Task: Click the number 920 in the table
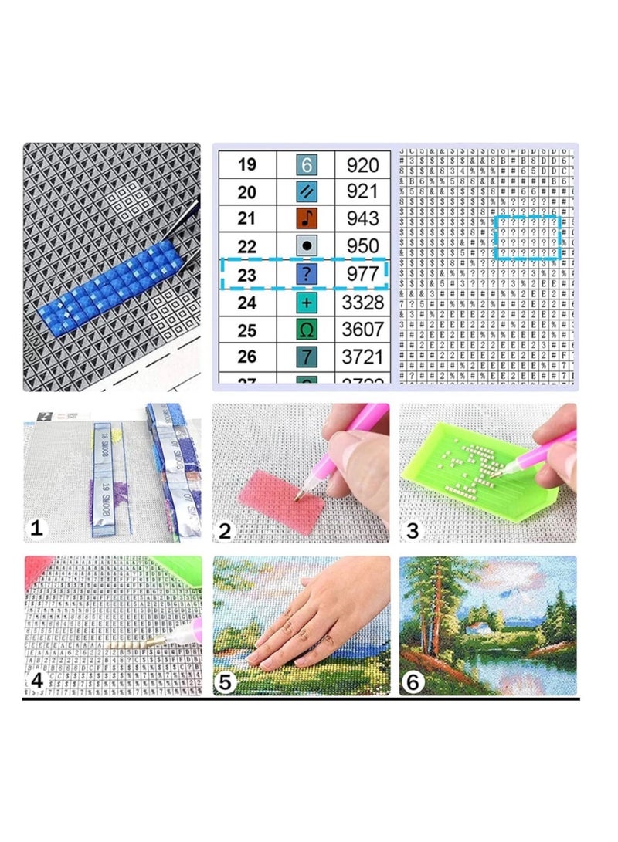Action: pyautogui.click(x=362, y=164)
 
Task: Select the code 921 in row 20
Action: pyautogui.click(x=362, y=191)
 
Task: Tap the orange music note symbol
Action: pyautogui.click(x=307, y=218)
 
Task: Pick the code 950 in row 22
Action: pyautogui.click(x=362, y=246)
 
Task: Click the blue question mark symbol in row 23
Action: pyautogui.click(x=307, y=274)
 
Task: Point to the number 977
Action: pyautogui.click(x=362, y=274)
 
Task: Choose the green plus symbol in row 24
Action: pyautogui.click(x=307, y=302)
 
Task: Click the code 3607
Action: pyautogui.click(x=362, y=330)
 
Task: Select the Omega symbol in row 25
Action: pyautogui.click(x=307, y=330)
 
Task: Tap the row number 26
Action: pyautogui.click(x=246, y=357)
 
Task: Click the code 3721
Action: pyautogui.click(x=362, y=357)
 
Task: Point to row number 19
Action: pyautogui.click(x=246, y=164)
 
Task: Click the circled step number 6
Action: pyautogui.click(x=414, y=682)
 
